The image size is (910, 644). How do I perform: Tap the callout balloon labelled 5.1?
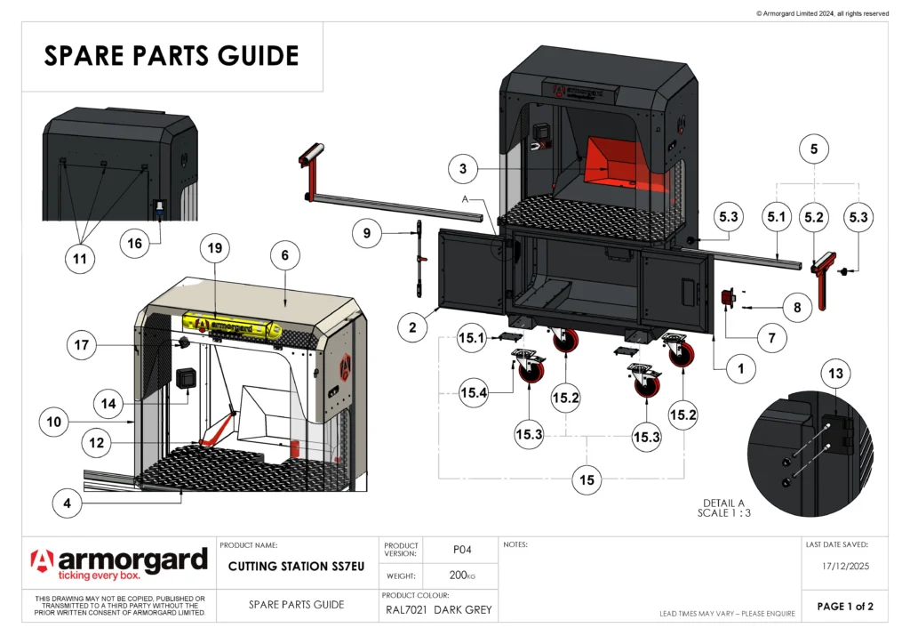point(777,216)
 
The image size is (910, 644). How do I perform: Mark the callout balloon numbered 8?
point(796,308)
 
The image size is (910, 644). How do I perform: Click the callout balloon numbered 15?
point(587,480)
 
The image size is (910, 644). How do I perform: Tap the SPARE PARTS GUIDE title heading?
point(172,56)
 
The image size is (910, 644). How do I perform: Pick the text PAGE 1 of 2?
point(845,607)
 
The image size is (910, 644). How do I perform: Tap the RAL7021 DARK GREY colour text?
point(438,610)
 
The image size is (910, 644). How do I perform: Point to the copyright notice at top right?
point(822,13)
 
